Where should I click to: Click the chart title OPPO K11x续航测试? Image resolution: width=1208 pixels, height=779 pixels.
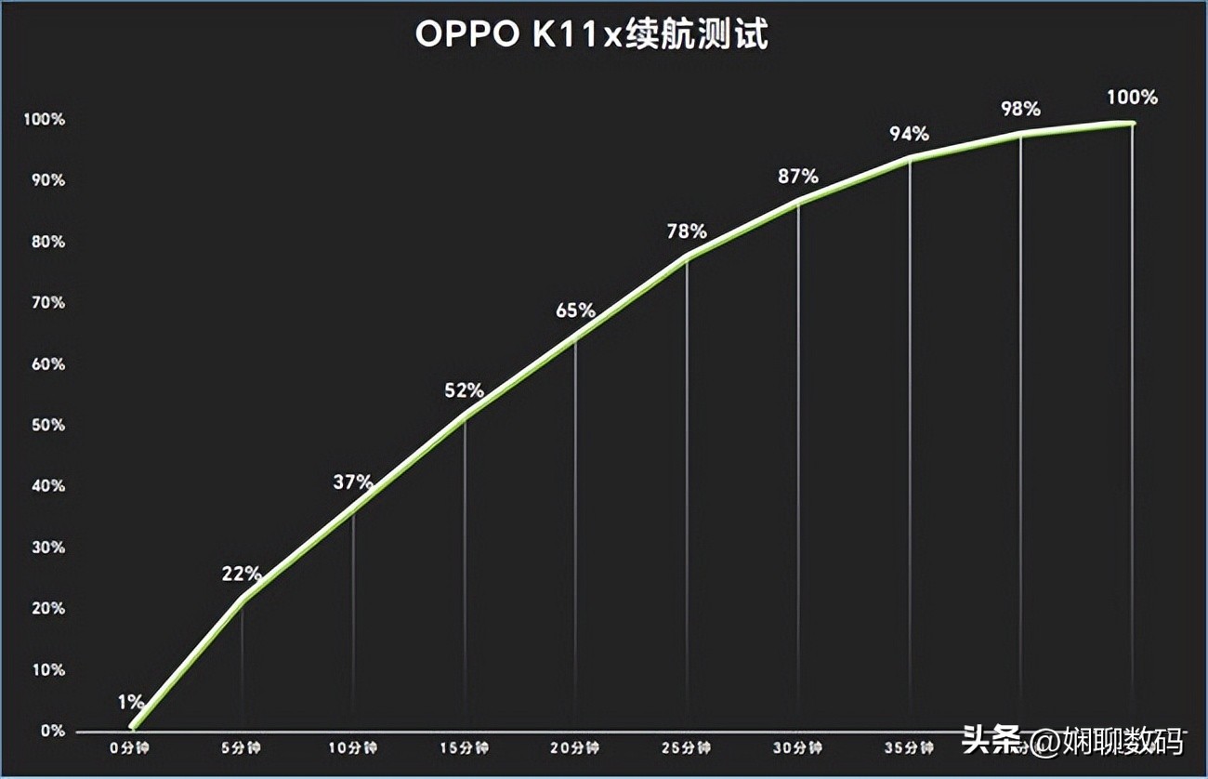coord(592,35)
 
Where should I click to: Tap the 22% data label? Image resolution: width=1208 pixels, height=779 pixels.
coord(242,574)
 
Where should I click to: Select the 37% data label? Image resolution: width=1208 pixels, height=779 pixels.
coord(353,482)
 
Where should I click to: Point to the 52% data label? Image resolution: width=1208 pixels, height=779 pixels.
coord(465,390)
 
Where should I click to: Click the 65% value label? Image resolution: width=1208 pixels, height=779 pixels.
coord(575,310)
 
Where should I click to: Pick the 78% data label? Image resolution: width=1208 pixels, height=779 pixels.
coord(687,231)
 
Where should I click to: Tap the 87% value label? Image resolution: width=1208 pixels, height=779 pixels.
coord(798,177)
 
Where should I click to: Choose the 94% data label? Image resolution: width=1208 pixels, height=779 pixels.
coord(909,134)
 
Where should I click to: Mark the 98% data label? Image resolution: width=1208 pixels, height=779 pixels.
coord(1020,109)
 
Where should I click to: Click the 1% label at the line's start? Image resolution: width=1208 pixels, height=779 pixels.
coord(131,701)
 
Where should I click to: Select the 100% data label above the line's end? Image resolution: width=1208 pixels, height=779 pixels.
coord(1132,97)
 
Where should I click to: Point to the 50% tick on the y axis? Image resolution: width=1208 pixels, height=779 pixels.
coord(46,425)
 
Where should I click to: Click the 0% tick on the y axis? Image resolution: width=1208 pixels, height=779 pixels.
coord(52,731)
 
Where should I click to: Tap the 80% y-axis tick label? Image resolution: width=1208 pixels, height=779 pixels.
coord(46,242)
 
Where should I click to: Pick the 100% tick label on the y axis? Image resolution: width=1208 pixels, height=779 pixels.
coord(44,119)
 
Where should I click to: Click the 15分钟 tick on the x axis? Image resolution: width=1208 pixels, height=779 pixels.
coord(465,747)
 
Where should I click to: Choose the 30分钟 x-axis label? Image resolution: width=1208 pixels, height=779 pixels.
coord(798,747)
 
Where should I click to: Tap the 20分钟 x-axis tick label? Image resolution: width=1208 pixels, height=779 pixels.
coord(576,747)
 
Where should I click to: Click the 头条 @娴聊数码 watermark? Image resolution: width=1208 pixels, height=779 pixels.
coord(1072,741)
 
